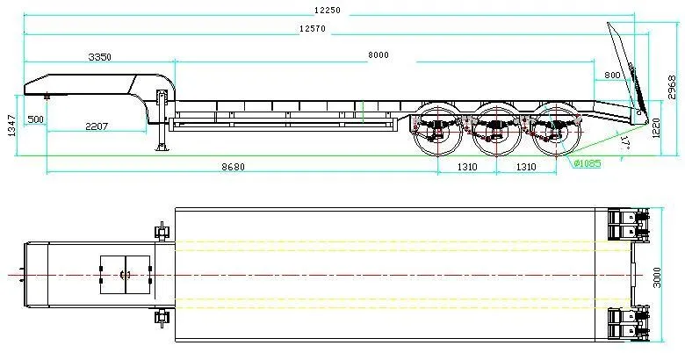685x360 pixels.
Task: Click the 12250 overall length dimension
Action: [327, 10]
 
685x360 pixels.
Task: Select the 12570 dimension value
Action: [313, 29]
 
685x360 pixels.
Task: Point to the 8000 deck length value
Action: [379, 56]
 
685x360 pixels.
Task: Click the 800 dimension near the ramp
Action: [612, 76]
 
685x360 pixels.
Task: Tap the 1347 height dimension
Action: [11, 126]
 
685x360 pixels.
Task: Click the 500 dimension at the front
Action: [35, 119]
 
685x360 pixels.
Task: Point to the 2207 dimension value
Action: [97, 126]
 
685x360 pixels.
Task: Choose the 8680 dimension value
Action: [233, 166]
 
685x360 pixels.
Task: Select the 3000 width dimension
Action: [671, 277]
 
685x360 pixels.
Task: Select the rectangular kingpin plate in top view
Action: [125, 274]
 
